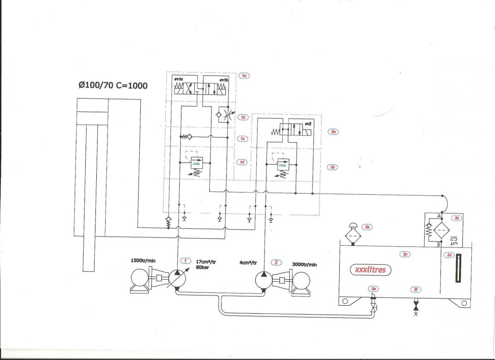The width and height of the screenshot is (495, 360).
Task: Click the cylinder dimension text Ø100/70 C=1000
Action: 113,85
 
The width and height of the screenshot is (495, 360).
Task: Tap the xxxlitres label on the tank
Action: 370,269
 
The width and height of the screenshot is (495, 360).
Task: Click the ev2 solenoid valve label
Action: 308,123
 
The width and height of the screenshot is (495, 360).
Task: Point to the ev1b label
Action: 224,80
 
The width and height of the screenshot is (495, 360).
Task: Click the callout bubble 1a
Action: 244,76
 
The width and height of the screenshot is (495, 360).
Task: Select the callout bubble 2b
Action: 333,167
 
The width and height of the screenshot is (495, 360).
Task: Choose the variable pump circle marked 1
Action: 177,278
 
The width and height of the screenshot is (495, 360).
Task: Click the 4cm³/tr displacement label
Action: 248,262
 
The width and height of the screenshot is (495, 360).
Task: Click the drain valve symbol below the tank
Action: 416,307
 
